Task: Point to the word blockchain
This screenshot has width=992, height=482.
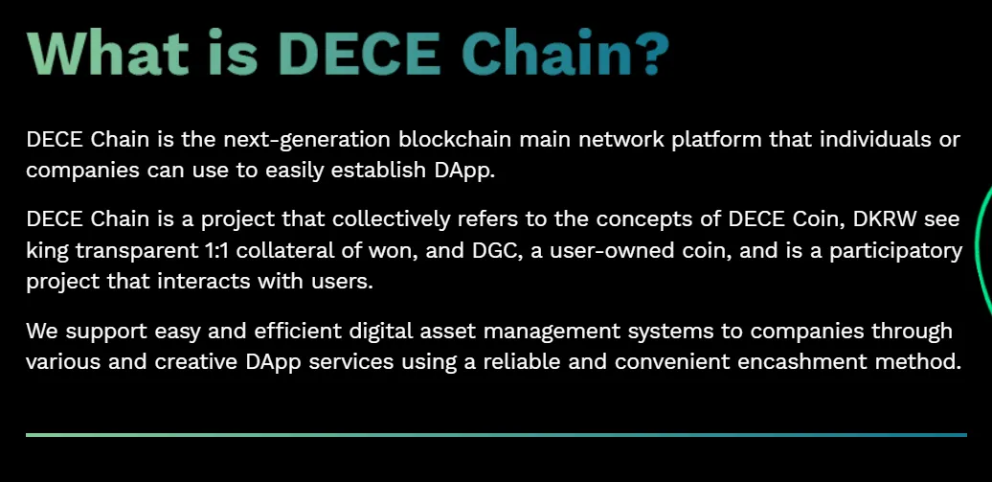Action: click(x=455, y=139)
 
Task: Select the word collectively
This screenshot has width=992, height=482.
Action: click(x=392, y=219)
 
